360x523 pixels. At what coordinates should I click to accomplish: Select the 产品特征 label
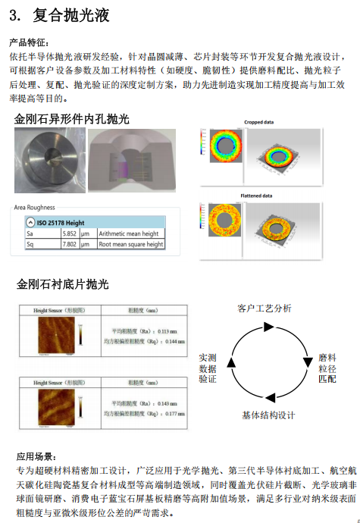29,42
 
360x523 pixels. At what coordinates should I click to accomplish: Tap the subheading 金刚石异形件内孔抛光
72,119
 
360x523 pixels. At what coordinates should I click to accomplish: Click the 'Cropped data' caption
258,122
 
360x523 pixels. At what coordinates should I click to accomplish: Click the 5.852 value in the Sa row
69,234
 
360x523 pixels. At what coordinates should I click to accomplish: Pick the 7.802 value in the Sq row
69,245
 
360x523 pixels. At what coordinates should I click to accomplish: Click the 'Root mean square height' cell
130,245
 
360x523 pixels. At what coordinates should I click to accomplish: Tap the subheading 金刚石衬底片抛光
62,284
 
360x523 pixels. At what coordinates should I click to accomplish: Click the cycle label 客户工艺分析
264,308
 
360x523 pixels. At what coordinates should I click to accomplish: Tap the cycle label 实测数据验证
207,367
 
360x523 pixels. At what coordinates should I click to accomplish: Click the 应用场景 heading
36,456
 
